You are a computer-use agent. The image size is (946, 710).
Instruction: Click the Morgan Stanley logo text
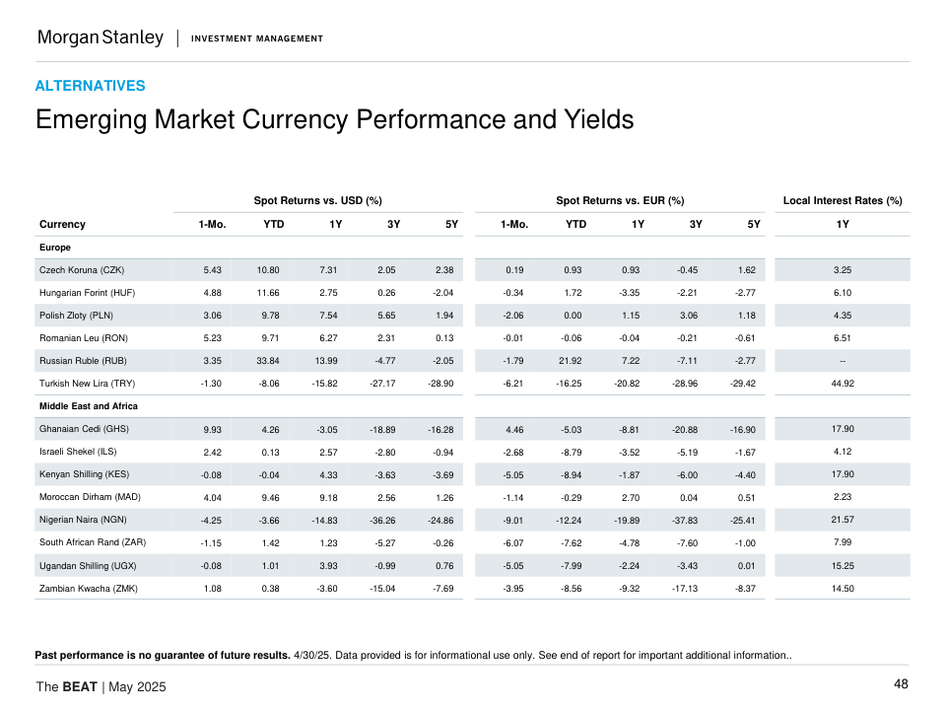100,37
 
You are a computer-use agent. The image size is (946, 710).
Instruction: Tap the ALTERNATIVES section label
90,86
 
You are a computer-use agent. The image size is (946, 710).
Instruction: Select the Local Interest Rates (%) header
843,201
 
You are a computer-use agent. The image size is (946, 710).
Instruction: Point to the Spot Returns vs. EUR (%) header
620,201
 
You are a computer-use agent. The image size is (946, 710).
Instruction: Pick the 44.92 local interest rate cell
843,383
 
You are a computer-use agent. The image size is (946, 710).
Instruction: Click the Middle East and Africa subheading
89,406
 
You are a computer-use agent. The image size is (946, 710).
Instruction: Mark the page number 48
901,684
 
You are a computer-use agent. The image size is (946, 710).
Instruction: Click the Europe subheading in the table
55,247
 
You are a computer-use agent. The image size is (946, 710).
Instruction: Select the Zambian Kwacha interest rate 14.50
843,588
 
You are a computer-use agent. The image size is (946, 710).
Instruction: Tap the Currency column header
62,224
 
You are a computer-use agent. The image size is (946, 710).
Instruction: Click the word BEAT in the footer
80,686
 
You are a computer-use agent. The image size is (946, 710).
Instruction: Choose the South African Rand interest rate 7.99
843,541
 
